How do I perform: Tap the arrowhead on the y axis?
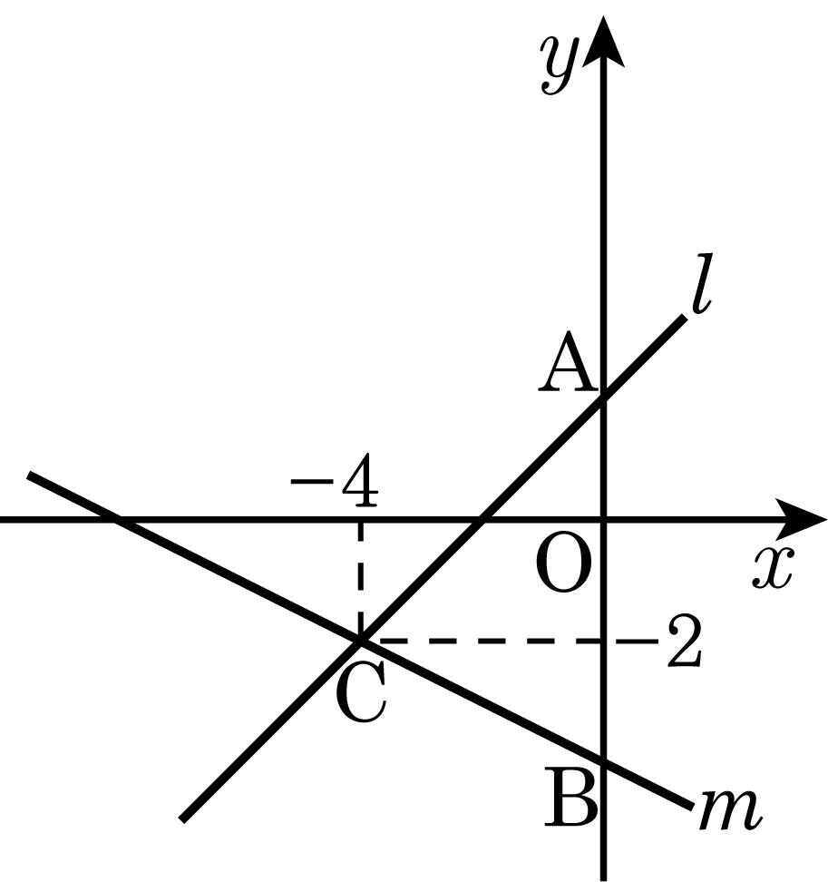(603, 42)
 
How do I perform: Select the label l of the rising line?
(702, 283)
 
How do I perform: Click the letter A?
(567, 361)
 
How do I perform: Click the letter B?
(570, 798)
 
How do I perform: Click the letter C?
(361, 691)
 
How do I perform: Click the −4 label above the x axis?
(335, 480)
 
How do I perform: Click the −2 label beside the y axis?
(658, 641)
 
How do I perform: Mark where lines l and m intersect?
(360, 641)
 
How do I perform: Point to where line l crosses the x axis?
(482, 519)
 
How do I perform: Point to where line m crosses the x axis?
(117, 519)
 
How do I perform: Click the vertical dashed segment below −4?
(360, 579)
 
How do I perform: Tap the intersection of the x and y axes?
(603, 519)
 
